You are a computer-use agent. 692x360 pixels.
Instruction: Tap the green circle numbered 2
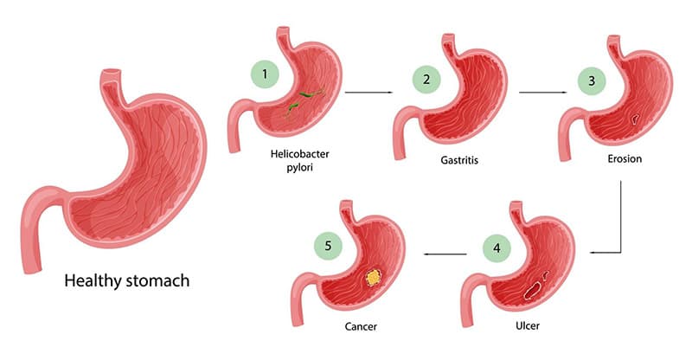click(x=426, y=81)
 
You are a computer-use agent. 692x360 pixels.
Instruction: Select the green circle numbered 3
click(x=592, y=81)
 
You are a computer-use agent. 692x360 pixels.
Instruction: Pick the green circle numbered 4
click(x=497, y=248)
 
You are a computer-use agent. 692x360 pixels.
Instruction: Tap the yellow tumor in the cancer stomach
click(x=373, y=277)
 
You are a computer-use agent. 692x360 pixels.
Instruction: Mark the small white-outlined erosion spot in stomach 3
click(x=634, y=119)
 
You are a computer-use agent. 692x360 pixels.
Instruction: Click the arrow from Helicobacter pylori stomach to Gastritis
click(x=369, y=90)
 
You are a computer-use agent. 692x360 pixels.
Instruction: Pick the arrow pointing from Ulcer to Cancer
click(x=446, y=254)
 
